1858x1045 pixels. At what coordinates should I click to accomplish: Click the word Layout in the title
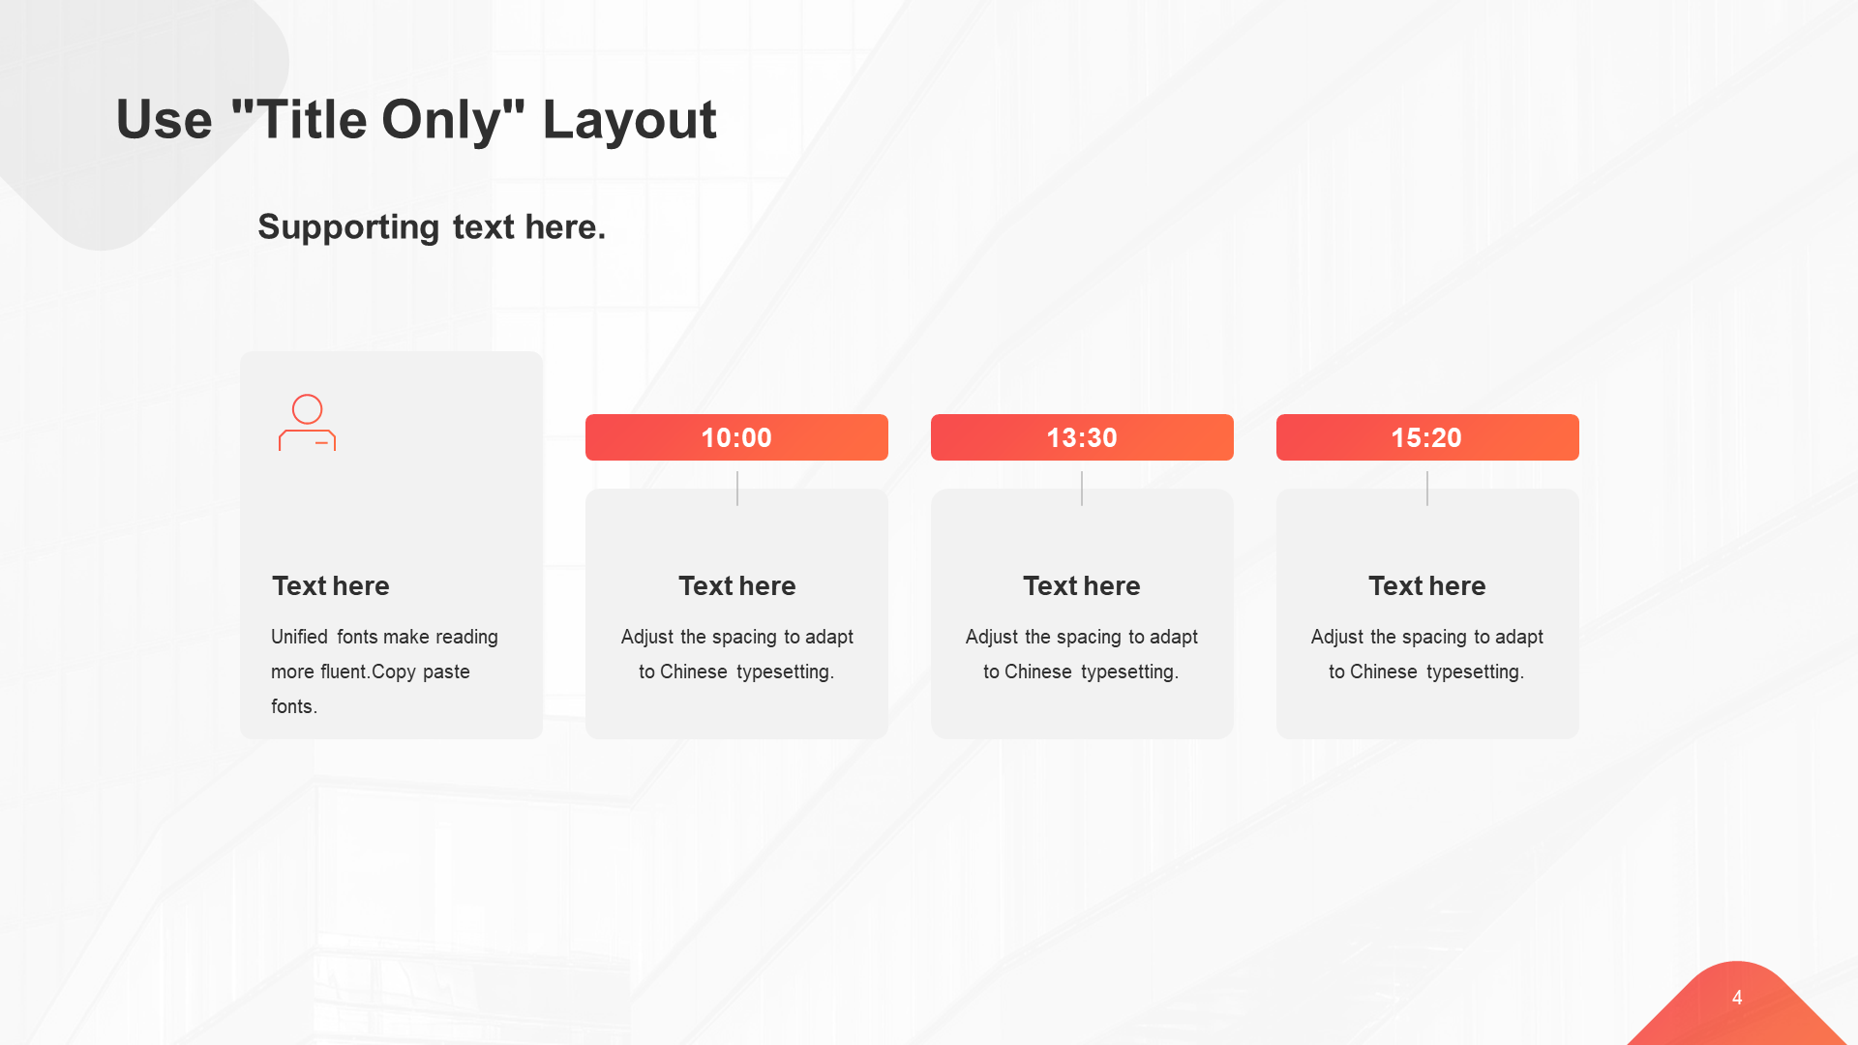click(629, 121)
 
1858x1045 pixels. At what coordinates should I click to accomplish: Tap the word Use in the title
click(164, 120)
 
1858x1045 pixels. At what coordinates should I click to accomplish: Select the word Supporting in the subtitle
click(348, 227)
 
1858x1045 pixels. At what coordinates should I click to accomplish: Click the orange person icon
click(307, 422)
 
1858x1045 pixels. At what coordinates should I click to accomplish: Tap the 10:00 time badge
click(736, 437)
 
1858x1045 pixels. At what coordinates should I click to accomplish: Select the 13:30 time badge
click(1082, 437)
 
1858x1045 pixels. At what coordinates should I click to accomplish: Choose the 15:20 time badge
click(1427, 437)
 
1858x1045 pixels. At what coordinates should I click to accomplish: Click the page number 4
click(1737, 998)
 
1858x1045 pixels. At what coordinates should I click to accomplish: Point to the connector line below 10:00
click(737, 489)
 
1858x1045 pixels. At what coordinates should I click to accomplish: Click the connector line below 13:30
click(1082, 489)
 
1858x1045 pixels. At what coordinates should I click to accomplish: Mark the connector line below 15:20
click(1427, 489)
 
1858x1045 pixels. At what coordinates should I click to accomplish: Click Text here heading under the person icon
click(330, 586)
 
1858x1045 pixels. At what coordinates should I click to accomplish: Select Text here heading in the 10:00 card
click(736, 586)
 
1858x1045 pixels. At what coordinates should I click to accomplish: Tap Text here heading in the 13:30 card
click(1082, 586)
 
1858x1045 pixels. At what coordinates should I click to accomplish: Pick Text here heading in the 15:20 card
click(1427, 586)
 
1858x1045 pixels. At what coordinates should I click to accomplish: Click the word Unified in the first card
click(299, 637)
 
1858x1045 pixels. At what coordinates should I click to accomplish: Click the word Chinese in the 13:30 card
click(1038, 672)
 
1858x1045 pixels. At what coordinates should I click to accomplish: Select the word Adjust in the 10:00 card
click(647, 638)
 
